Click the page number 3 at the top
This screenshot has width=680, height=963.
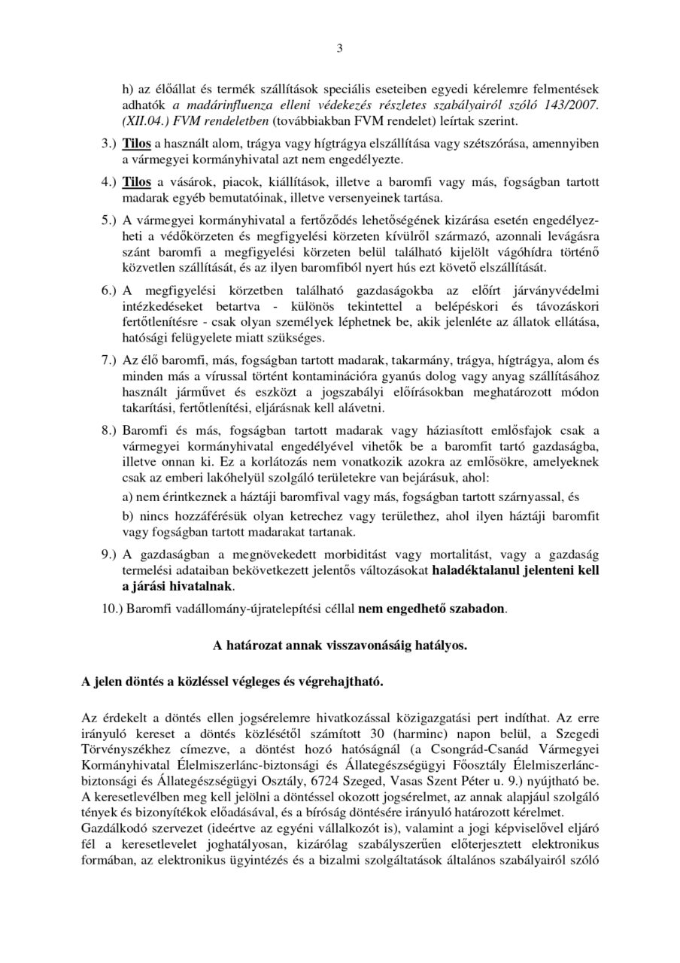pyautogui.click(x=339, y=50)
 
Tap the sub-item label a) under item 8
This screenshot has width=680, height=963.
pyautogui.click(x=128, y=497)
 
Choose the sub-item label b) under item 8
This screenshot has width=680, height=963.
pyautogui.click(x=128, y=517)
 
